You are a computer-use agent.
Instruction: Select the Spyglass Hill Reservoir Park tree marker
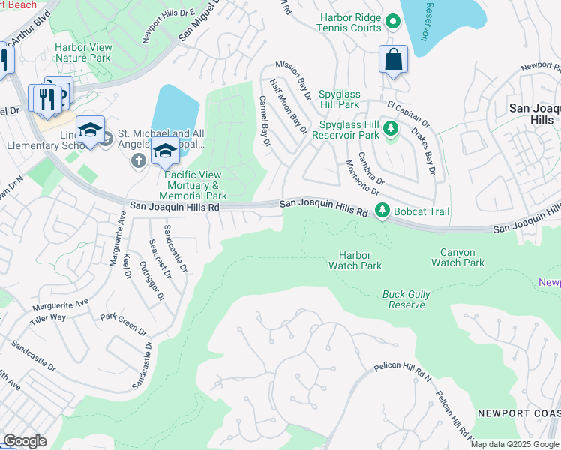point(390,130)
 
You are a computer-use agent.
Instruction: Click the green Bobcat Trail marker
point(382,211)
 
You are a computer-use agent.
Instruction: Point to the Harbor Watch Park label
point(355,260)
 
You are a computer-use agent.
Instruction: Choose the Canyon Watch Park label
point(457,257)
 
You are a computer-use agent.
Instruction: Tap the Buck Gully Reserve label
point(406,300)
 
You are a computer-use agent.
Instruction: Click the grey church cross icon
point(138,160)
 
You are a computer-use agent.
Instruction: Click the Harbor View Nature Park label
point(82,52)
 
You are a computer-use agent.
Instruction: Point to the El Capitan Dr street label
point(408,112)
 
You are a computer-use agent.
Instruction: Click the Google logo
point(25,441)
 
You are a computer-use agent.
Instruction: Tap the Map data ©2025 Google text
point(514,444)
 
